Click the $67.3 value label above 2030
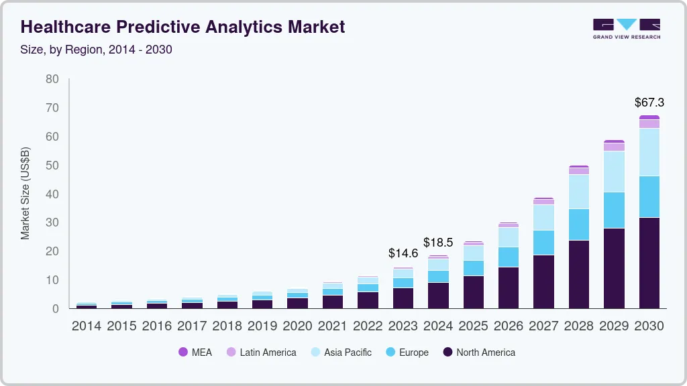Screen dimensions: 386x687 pyautogui.click(x=649, y=103)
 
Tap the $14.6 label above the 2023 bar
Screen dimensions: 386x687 pyautogui.click(x=403, y=253)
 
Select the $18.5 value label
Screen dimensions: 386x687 pyautogui.click(x=437, y=242)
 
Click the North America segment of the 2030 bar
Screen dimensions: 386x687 pyautogui.click(x=649, y=263)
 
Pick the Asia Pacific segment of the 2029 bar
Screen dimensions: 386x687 pyautogui.click(x=614, y=172)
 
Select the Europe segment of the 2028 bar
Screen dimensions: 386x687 pyautogui.click(x=578, y=224)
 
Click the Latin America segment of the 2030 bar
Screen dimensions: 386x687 pyautogui.click(x=649, y=124)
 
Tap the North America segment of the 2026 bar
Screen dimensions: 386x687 pyautogui.click(x=508, y=287)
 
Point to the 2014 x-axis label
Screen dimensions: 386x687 pyautogui.click(x=86, y=326)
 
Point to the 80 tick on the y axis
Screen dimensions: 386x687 pyautogui.click(x=52, y=79)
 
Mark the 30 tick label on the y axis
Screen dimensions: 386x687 pyautogui.click(x=52, y=222)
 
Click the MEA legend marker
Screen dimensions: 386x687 pyautogui.click(x=182, y=352)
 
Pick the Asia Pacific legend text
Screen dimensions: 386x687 pyautogui.click(x=348, y=352)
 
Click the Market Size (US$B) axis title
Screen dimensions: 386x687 pyautogui.click(x=25, y=194)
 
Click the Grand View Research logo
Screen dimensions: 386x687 pyautogui.click(x=626, y=28)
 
